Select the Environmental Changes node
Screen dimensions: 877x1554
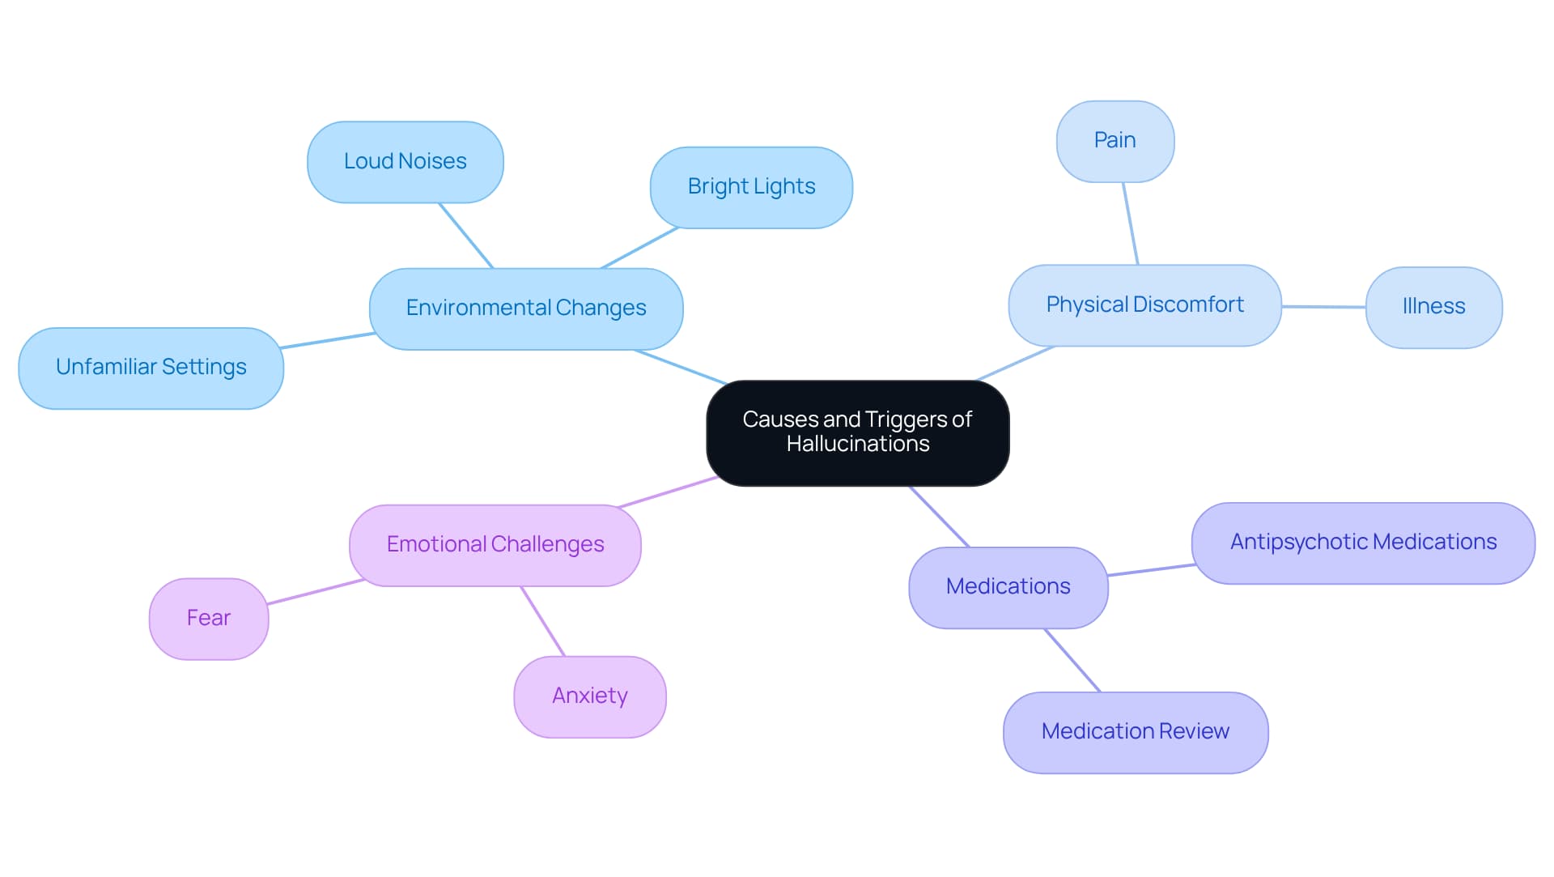526,309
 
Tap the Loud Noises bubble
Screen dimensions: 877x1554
405,162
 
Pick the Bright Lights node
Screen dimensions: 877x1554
751,187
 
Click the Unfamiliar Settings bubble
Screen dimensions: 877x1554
151,368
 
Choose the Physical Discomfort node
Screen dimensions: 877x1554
1144,305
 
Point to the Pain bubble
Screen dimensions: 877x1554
1115,141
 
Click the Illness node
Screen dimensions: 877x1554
1433,307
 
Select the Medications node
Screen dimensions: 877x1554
1008,587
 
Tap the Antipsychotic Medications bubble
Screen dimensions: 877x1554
1363,543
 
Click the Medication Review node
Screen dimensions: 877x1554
1135,732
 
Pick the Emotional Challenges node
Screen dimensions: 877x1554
495,545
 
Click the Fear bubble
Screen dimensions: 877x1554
209,619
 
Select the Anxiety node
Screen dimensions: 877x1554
589,696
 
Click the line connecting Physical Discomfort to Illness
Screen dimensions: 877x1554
1323,307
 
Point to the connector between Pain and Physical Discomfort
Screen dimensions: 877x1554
1130,224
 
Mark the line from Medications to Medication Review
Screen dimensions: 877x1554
1072,660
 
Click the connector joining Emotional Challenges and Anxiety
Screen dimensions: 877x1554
543,621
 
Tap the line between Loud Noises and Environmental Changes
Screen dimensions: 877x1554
466,236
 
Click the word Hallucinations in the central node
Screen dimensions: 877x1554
858,445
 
